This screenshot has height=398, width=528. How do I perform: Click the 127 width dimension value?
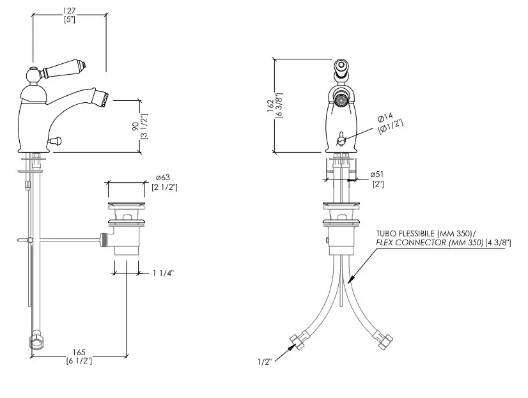(x=69, y=10)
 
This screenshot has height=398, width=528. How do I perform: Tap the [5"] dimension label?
(x=69, y=20)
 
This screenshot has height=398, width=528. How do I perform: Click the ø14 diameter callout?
(x=385, y=118)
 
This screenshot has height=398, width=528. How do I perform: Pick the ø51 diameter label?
(x=377, y=174)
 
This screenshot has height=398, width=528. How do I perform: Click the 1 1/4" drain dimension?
(x=163, y=273)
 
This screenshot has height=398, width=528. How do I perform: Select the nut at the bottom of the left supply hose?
(x=36, y=343)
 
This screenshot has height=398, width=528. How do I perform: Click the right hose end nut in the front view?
(x=385, y=341)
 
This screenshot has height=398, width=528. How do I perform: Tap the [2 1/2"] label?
(x=164, y=187)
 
